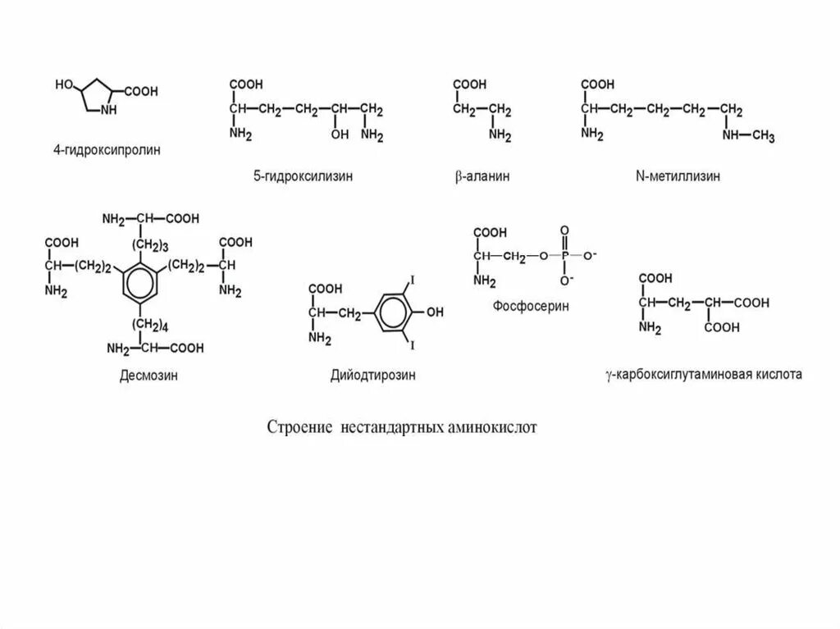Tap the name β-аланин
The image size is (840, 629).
pyautogui.click(x=482, y=175)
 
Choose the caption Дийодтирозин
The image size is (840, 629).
pyautogui.click(x=372, y=376)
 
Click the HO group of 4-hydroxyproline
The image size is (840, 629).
pyautogui.click(x=65, y=84)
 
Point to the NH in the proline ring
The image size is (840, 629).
pyautogui.click(x=110, y=109)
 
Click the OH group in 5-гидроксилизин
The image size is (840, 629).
pyautogui.click(x=340, y=134)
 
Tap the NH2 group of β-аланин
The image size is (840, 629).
pyautogui.click(x=499, y=134)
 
